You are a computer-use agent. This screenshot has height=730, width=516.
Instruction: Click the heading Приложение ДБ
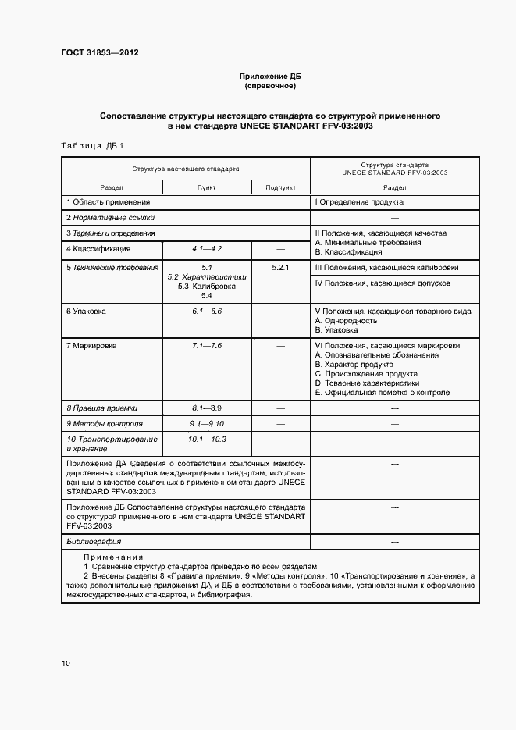coord(269,77)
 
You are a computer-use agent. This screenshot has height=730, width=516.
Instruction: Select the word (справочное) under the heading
coord(269,86)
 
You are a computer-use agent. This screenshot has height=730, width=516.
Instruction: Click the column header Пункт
coord(207,187)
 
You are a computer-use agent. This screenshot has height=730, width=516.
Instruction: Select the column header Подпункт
coord(280,187)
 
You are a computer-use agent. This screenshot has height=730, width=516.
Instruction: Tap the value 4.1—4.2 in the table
coord(207,248)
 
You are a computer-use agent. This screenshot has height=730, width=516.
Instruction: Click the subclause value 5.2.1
coord(280,268)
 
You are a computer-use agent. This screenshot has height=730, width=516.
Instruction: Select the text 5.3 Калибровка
coord(207,287)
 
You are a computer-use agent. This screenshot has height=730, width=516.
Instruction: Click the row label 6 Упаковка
coord(86,311)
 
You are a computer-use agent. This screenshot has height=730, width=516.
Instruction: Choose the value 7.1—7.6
coord(207,345)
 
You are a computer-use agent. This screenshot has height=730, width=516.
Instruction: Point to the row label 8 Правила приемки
coord(101,408)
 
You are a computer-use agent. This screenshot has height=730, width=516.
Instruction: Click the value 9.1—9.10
coord(207,424)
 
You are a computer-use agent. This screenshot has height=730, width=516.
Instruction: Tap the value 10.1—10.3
coord(207,440)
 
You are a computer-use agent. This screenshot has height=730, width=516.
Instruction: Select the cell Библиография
coord(94,541)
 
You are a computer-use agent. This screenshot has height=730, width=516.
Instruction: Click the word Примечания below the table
coord(113,557)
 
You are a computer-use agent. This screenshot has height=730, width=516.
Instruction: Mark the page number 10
coord(66,664)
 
